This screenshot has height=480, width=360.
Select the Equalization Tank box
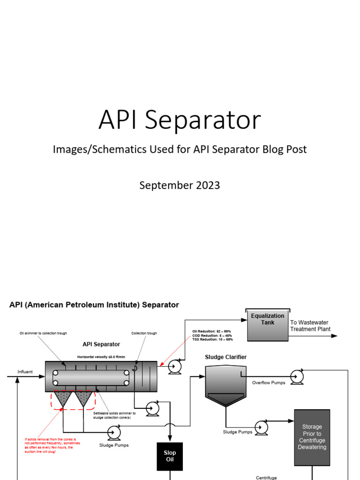(267, 325)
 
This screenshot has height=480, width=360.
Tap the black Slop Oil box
(170, 456)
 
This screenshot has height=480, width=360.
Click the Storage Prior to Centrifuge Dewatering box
(312, 437)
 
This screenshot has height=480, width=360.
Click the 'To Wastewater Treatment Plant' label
(310, 326)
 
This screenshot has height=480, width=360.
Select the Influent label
(25, 372)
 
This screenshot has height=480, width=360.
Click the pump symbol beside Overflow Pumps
(297, 376)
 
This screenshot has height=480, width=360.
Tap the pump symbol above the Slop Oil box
(152, 408)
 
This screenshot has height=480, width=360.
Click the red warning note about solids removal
(52, 445)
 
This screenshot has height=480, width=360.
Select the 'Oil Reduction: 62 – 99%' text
(212, 331)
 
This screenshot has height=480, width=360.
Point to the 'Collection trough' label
(144, 333)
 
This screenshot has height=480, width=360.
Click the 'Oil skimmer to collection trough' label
(43, 333)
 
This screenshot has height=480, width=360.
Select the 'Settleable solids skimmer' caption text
(114, 415)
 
